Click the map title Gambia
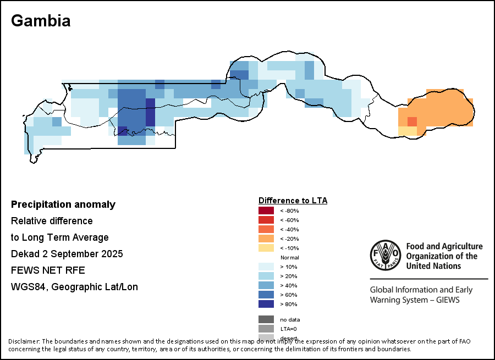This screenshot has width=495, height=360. pos(41,21)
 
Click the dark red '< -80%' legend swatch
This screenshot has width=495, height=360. pos(266,211)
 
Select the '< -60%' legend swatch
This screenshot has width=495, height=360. pos(266,220)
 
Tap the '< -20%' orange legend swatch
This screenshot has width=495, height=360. pos(266,239)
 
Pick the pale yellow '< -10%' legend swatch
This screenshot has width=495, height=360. pos(266,248)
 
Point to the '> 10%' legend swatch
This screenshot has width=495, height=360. pos(266,267)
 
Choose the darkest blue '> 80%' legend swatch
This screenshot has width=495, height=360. pos(266,304)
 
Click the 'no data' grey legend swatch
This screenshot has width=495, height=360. pos(266,319)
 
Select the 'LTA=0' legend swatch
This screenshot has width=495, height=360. pos(266,329)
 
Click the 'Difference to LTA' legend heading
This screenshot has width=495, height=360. pos(293,201)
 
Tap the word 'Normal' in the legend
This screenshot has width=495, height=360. pos(289,257)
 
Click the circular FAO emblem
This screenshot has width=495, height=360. pos(385,256)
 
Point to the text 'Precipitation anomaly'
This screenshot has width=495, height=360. pos(63,204)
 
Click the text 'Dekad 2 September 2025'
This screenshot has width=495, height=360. pos(67,254)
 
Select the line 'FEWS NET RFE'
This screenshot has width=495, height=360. pos(48,270)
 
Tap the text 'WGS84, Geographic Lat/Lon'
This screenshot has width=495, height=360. pos(74,287)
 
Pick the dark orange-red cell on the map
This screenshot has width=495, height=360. pos(412,121)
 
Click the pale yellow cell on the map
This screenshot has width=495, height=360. pos(407,131)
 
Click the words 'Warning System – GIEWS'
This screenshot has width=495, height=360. pos(414,300)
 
